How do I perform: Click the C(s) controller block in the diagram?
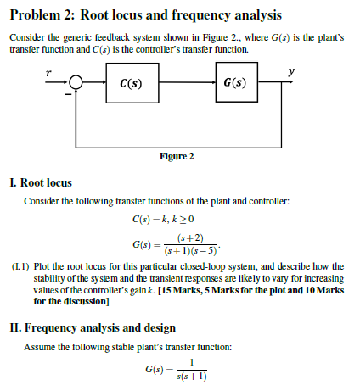click(x=131, y=84)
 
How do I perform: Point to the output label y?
click(x=290, y=71)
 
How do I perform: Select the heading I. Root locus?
click(x=40, y=182)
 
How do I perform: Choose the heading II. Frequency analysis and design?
click(x=91, y=327)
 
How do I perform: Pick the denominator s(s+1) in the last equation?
click(x=194, y=377)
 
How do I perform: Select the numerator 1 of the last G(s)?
click(x=194, y=363)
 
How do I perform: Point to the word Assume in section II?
click(x=40, y=346)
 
